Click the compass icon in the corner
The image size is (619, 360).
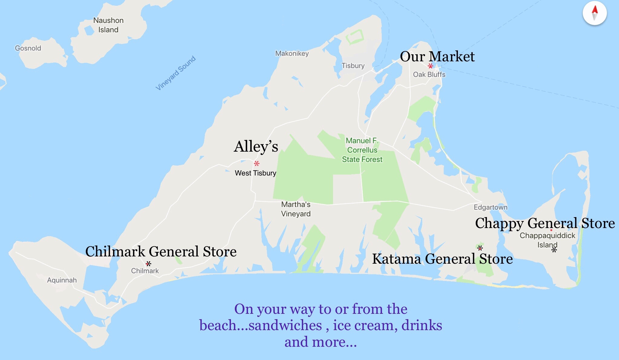coord(595,13)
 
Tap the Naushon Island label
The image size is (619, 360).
coord(108,25)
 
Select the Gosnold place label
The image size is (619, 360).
coord(28,48)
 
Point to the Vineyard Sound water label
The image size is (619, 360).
coord(176,73)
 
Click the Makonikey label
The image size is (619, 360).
coord(292,53)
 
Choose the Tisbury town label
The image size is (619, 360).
coord(353,66)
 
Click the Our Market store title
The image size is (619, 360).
coord(437,56)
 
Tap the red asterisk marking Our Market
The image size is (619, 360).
coord(430,66)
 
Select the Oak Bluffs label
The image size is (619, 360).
coord(429,75)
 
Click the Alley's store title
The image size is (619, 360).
coord(256,147)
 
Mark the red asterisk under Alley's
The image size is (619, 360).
coord(257,164)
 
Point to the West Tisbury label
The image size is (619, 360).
coord(255,173)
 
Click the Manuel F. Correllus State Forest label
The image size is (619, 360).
coord(362,150)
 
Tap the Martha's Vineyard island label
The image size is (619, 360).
coord(296,209)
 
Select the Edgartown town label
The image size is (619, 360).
coord(490,207)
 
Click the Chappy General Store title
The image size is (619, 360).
coord(545,223)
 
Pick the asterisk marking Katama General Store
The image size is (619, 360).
coord(480,248)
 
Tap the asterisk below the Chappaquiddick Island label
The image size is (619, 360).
coord(554,250)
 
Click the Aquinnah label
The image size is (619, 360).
coord(62,280)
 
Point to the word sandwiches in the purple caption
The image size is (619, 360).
coord(285,326)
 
